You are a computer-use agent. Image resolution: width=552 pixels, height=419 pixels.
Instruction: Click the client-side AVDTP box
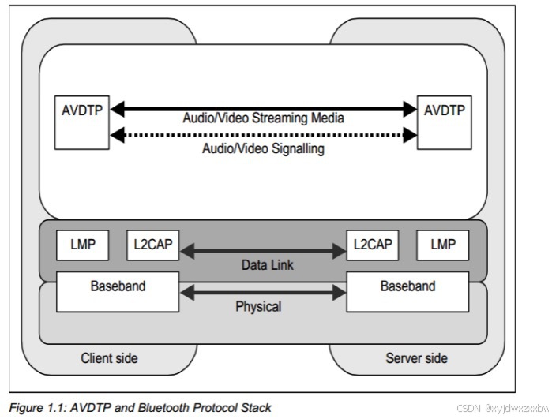(81, 122)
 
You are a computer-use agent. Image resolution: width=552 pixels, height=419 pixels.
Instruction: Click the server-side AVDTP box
(445, 122)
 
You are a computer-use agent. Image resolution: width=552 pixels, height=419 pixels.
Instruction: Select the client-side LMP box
(82, 245)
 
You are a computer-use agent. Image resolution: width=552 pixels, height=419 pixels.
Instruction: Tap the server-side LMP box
(443, 245)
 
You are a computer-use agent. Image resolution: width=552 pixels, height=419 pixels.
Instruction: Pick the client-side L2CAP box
(152, 245)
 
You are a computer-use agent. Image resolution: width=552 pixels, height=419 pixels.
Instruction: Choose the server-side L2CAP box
(373, 245)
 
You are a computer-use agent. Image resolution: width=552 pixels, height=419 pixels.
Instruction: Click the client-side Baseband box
(118, 292)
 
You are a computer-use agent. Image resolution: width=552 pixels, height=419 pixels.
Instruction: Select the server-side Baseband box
(407, 292)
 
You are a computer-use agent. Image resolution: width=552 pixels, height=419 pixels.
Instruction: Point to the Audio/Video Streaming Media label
(263, 118)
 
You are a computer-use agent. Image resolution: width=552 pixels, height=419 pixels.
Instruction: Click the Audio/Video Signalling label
(263, 148)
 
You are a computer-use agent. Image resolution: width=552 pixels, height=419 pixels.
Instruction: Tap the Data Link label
(268, 265)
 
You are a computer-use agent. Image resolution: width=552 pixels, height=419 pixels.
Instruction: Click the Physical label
(258, 307)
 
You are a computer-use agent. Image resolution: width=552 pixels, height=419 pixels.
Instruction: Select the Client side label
(109, 358)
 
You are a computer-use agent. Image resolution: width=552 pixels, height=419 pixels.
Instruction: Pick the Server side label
(416, 358)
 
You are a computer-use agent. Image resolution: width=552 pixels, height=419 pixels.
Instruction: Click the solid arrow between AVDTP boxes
(263, 109)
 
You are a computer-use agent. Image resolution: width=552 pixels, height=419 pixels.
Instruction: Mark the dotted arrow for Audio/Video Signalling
(263, 135)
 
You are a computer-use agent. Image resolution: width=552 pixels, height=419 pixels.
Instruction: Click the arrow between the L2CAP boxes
(263, 251)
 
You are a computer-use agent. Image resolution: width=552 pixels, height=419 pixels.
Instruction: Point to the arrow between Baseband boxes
(263, 293)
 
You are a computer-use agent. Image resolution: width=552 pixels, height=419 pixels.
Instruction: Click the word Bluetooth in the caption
(163, 408)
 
